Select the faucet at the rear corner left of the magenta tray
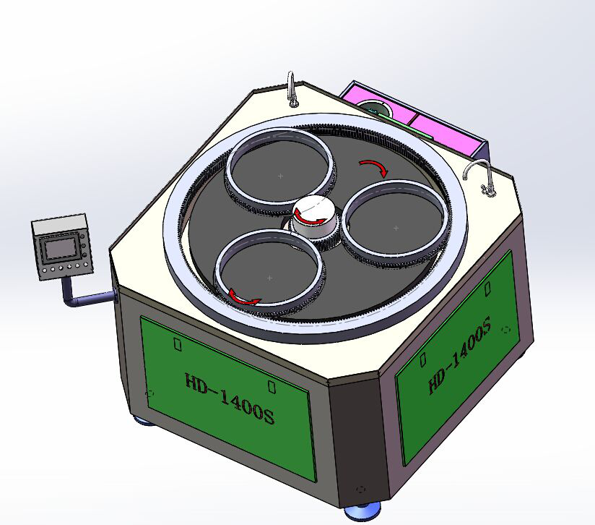click(292, 88)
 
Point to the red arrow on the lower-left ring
click(243, 297)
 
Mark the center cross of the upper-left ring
click(280, 176)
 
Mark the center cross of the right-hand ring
click(396, 229)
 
